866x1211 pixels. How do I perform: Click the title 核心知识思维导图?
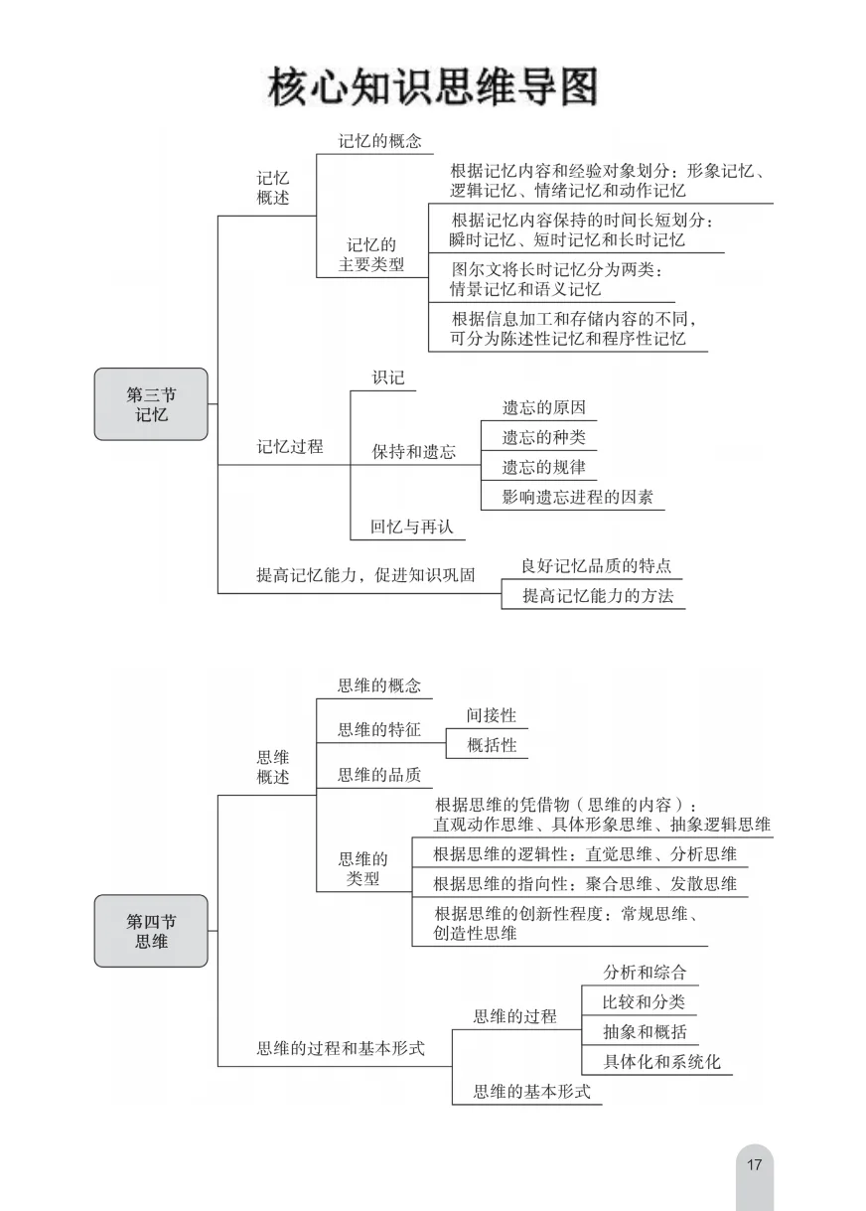click(x=433, y=86)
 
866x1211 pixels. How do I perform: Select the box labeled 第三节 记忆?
click(x=151, y=404)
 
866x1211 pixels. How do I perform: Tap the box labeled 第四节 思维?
click(x=151, y=931)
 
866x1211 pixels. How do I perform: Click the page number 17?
click(x=754, y=1164)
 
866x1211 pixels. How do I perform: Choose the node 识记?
click(x=388, y=378)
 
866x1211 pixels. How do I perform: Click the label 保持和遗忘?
click(x=414, y=452)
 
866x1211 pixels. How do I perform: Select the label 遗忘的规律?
click(x=543, y=467)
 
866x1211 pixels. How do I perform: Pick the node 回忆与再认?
click(x=411, y=527)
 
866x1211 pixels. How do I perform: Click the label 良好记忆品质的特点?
click(x=596, y=566)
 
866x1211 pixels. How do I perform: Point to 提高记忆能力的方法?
click(x=597, y=596)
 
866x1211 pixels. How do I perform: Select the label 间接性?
click(x=492, y=715)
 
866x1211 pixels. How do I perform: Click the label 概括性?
click(x=492, y=745)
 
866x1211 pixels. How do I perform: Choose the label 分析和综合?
click(x=645, y=973)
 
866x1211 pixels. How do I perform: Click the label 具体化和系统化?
click(x=661, y=1061)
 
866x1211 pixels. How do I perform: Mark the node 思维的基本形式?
click(x=531, y=1092)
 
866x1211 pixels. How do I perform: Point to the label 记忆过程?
click(x=290, y=447)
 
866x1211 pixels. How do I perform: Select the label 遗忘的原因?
click(x=543, y=408)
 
